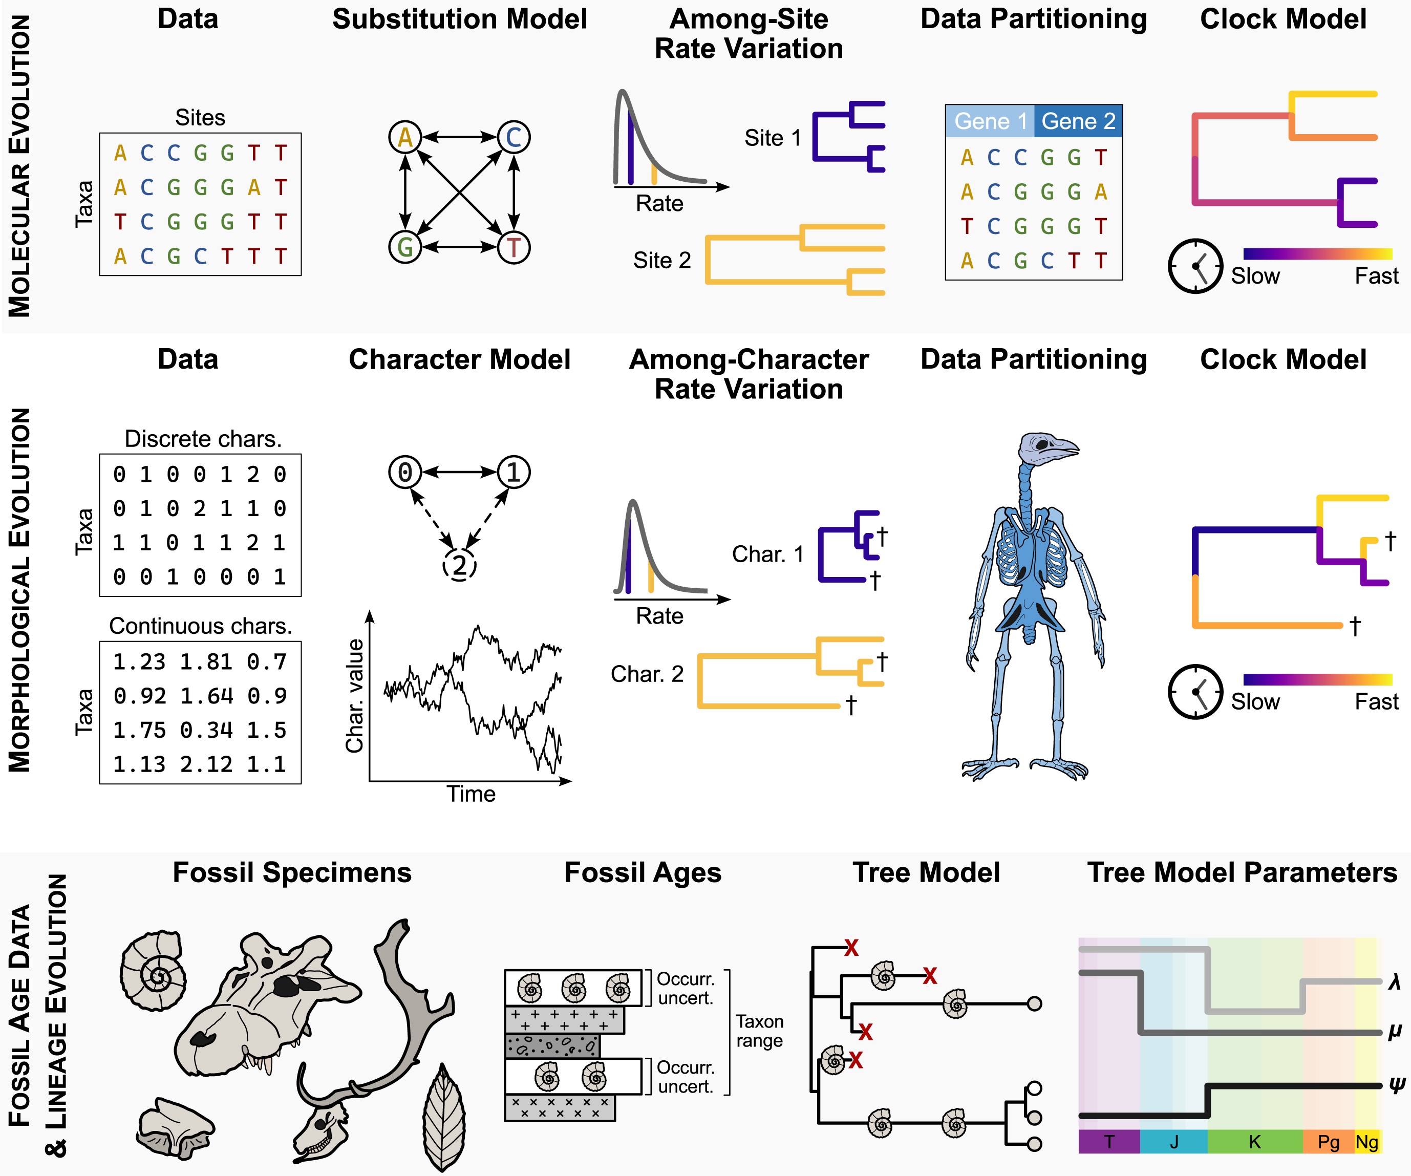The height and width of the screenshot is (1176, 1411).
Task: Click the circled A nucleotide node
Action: (x=405, y=137)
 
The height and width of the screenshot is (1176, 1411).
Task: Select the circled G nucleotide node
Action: (x=405, y=247)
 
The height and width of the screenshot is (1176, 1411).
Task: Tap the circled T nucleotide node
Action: (x=514, y=247)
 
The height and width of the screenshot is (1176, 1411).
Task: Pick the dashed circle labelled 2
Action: (x=460, y=565)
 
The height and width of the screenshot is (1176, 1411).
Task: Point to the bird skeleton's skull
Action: (x=1045, y=447)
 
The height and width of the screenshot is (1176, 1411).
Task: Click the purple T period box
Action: (x=1108, y=1142)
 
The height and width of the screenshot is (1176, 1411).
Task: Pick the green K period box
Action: (x=1254, y=1142)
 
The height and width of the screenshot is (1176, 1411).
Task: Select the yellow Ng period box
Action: (x=1366, y=1142)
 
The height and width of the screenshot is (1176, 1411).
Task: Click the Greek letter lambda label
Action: (x=1394, y=982)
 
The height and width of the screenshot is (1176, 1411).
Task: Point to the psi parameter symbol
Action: (x=1396, y=1084)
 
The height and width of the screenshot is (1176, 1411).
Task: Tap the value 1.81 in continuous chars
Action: (x=200, y=662)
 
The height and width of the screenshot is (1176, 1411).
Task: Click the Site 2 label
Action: (x=662, y=260)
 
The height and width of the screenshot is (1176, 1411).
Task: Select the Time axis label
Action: (x=471, y=794)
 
